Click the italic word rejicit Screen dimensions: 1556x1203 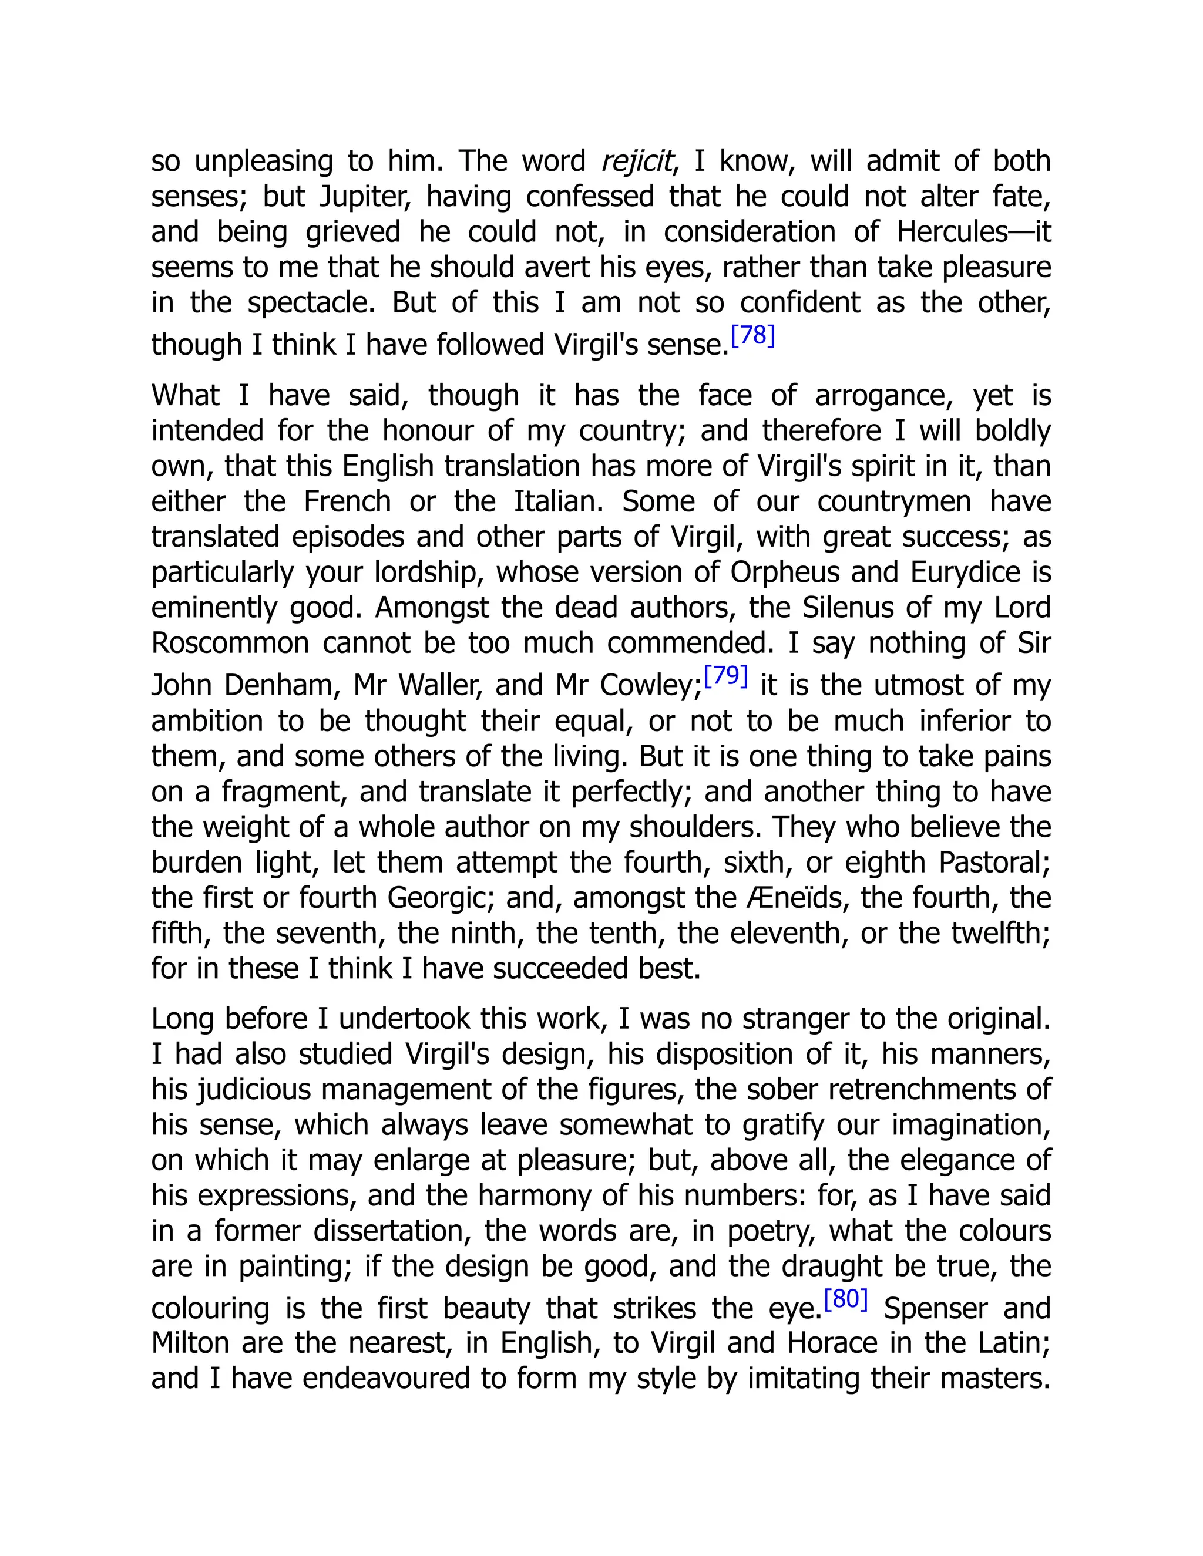tap(636, 161)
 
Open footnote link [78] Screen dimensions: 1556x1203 tap(752, 335)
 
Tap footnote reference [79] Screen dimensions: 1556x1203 tap(725, 675)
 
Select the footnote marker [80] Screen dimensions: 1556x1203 tap(845, 1299)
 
